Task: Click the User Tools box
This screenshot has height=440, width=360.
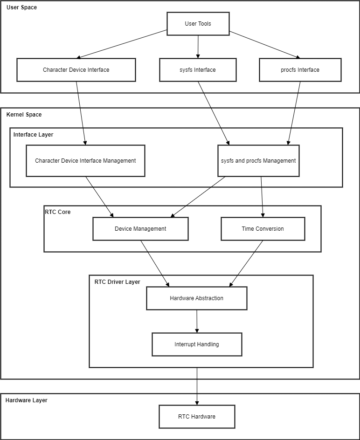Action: point(198,24)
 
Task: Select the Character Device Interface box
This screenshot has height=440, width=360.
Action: point(76,70)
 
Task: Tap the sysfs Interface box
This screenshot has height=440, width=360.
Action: point(198,70)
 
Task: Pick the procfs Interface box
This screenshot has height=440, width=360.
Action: point(300,70)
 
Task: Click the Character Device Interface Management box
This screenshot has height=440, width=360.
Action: point(85,161)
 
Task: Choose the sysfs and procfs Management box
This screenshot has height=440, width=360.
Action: point(258,161)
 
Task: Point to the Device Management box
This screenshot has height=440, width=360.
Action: point(140,229)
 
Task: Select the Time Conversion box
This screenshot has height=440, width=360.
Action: point(263,229)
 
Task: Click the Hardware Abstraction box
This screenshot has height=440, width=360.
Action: point(197,298)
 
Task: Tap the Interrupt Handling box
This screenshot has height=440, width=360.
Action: point(197,344)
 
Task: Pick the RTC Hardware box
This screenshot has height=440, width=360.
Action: point(197,416)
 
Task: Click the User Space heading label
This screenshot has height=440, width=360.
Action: point(21,7)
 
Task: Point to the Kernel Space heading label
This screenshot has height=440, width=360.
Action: point(24,115)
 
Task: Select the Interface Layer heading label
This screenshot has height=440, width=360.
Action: point(33,134)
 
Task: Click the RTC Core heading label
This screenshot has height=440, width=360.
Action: point(57,212)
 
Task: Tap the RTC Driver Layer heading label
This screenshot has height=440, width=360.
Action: point(117,282)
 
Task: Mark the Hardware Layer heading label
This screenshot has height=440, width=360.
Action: point(27,400)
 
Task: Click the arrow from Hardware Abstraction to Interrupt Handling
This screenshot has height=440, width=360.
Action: point(197,321)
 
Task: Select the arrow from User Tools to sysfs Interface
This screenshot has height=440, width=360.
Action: point(198,47)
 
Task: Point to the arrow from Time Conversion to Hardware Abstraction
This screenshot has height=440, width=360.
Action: point(246,263)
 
